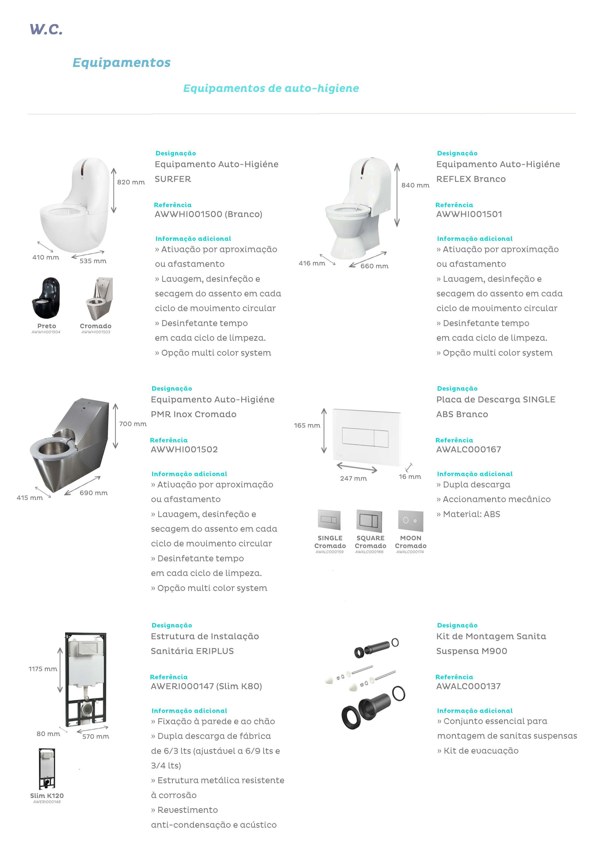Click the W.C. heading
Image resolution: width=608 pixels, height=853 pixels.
tap(46, 29)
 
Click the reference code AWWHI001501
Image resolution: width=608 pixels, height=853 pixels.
tap(469, 214)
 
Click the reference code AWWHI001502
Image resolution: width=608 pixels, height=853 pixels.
tap(184, 449)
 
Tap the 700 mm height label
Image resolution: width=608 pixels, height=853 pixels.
tap(133, 424)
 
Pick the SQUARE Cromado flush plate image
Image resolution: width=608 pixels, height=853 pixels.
tap(369, 520)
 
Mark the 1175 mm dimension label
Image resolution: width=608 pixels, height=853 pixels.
tap(43, 669)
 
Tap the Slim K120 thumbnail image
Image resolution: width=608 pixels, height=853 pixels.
tap(47, 769)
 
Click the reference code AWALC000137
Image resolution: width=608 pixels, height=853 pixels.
tap(468, 686)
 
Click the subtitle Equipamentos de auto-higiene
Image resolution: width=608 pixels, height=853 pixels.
tap(271, 88)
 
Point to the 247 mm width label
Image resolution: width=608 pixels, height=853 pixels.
tap(353, 478)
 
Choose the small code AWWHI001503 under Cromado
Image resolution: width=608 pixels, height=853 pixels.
tap(96, 332)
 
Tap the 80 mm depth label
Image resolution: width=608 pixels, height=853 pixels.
tap(48, 734)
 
